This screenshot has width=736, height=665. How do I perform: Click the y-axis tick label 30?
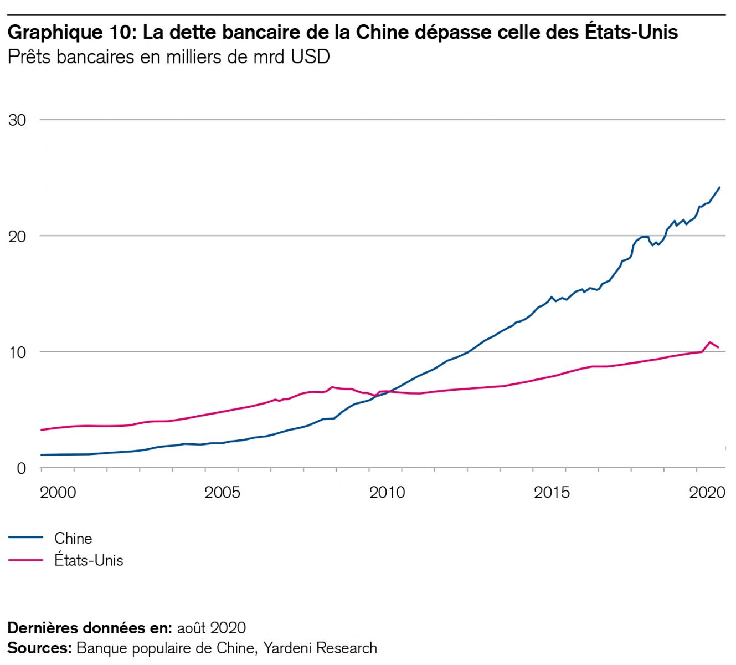[x=17, y=120]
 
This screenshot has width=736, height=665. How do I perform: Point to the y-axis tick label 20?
[x=17, y=237]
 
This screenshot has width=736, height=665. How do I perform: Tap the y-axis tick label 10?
[x=17, y=352]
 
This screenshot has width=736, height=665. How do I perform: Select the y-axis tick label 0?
[x=22, y=469]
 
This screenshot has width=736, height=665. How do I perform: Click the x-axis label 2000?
[x=58, y=492]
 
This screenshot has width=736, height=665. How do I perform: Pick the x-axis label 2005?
[x=222, y=492]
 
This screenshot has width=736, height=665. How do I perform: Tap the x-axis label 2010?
[x=387, y=492]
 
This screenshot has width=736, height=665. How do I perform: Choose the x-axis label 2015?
[x=552, y=492]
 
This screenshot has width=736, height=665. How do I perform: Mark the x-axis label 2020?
[x=707, y=492]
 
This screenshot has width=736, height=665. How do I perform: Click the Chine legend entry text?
[x=73, y=538]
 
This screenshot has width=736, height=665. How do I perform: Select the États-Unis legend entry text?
[x=89, y=560]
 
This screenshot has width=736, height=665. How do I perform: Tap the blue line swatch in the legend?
[x=25, y=538]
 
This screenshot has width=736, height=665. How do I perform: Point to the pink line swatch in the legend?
[x=25, y=560]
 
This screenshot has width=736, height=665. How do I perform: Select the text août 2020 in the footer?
[x=211, y=628]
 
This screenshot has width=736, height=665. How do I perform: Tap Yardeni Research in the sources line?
[x=320, y=648]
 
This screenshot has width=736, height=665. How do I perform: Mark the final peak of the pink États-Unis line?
[x=709, y=342]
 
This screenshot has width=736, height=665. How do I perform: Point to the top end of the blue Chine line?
[x=719, y=187]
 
